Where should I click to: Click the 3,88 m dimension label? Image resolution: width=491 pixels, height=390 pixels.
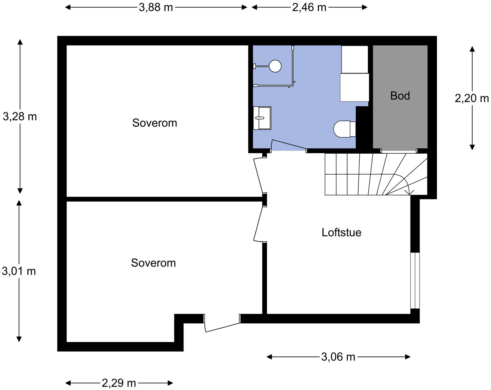point(156,8)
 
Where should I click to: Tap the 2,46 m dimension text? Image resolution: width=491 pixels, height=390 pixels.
point(309,8)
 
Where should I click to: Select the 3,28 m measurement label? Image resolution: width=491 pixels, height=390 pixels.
point(20,117)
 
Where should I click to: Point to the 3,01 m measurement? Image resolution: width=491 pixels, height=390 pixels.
point(19,271)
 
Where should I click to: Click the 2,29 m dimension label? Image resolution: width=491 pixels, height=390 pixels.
point(119,383)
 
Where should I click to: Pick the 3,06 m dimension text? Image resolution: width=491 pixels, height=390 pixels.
point(338,357)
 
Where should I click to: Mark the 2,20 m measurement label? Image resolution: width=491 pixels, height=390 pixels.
point(472,98)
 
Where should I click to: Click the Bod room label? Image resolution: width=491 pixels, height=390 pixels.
point(400,96)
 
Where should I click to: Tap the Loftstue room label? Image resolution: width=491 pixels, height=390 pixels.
point(342,233)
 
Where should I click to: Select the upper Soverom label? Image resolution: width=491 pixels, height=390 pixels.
point(155,123)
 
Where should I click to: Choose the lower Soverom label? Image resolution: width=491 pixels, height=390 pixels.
point(153,263)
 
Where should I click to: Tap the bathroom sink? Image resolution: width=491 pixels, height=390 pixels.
point(262,118)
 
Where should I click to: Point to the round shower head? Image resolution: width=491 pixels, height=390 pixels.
point(275,66)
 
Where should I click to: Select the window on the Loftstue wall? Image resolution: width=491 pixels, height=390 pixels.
point(415,281)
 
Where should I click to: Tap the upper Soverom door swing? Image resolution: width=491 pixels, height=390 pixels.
point(260,175)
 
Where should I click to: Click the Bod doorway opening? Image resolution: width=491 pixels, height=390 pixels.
point(399,151)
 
